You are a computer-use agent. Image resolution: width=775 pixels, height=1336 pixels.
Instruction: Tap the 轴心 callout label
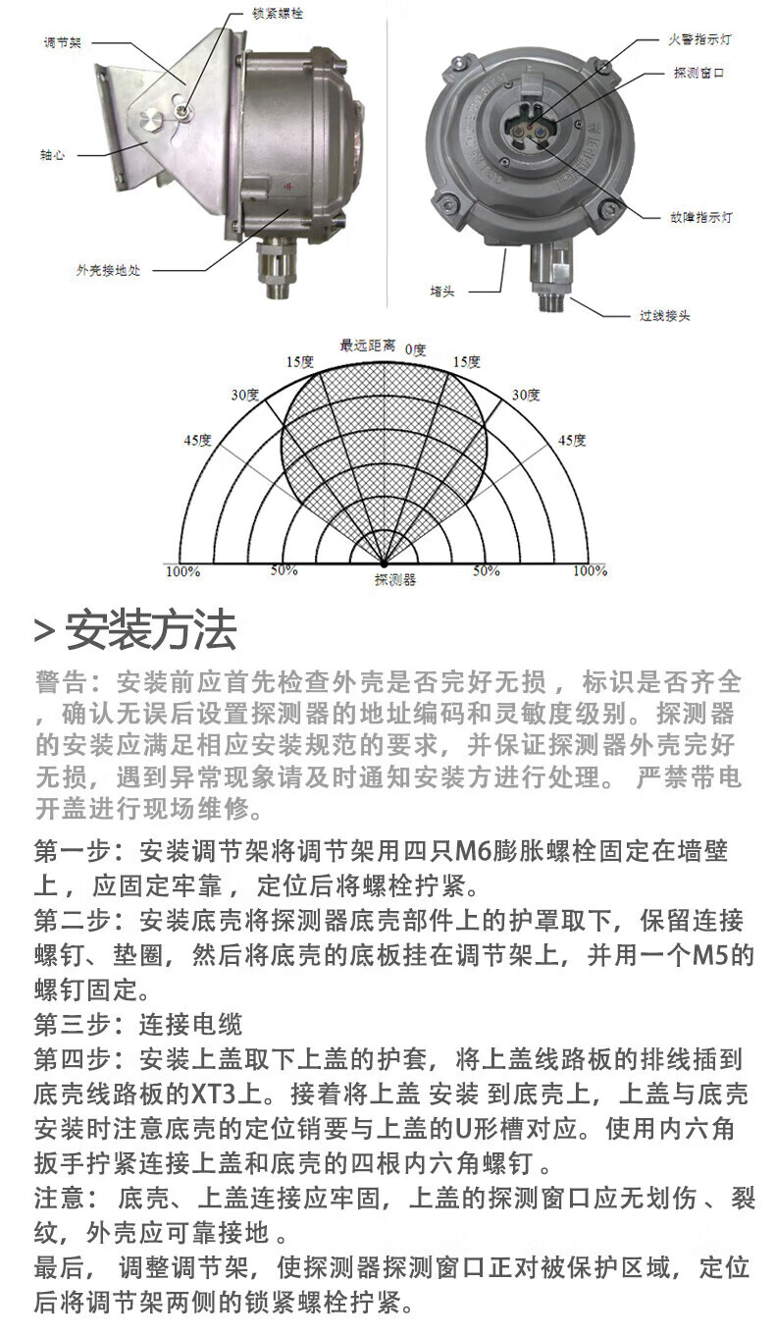pyautogui.click(x=52, y=155)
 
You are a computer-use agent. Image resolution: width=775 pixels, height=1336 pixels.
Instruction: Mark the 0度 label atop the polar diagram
pyautogui.click(x=416, y=348)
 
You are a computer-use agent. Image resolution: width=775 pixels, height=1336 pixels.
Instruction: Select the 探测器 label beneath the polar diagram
pyautogui.click(x=395, y=580)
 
